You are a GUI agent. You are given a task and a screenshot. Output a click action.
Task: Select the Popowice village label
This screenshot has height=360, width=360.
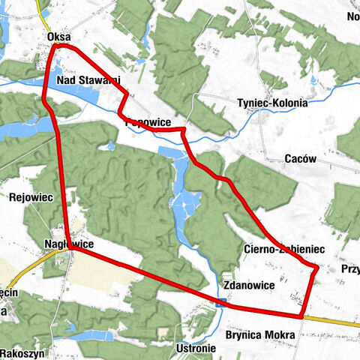[149, 122]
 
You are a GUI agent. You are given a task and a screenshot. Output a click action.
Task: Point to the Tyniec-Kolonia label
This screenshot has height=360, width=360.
[271, 103]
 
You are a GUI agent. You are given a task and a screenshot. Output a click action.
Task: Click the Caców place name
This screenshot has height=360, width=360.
[301, 158]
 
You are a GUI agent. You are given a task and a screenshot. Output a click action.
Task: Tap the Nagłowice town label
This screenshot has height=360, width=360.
[68, 244]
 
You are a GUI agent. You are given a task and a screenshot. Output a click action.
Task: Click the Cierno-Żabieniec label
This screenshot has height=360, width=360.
[283, 248]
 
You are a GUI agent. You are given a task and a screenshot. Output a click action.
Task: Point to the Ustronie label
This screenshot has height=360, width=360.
[196, 349]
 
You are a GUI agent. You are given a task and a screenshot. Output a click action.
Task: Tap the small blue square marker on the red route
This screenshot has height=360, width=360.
[220, 303]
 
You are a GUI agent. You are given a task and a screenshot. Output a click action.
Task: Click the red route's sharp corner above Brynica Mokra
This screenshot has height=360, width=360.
[301, 316]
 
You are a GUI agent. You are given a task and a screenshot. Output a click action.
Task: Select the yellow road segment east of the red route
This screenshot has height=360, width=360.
[334, 320]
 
